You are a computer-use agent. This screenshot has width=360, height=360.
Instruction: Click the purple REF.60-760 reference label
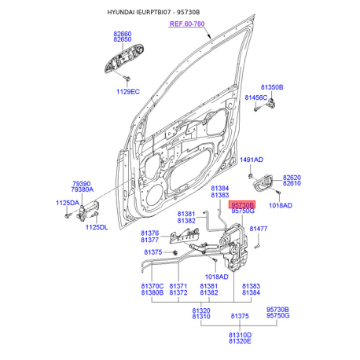[x=187, y=24]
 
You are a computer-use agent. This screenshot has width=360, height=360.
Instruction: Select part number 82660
[x=123, y=34]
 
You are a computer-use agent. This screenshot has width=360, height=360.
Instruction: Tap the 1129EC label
[x=128, y=92]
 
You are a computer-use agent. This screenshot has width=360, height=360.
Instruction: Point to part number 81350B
[x=272, y=87]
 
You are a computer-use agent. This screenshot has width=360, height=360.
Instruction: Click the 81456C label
[x=256, y=97]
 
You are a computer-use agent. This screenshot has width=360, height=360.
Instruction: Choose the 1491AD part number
[x=252, y=160]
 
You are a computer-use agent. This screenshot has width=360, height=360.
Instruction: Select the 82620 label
[x=292, y=178]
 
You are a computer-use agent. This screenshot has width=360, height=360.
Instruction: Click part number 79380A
[x=83, y=189]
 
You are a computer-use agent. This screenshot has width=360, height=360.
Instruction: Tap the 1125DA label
[x=68, y=203]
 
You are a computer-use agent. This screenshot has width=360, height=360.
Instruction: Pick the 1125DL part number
[x=97, y=227]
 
